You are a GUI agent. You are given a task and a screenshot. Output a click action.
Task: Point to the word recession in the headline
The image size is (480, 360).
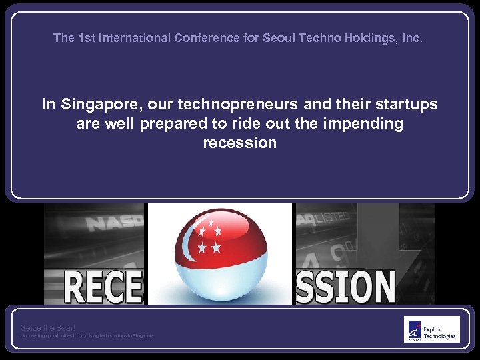[240, 143]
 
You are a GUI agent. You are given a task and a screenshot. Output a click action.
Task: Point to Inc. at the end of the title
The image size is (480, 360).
[413, 38]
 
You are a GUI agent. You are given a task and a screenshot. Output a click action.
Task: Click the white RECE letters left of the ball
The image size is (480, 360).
[104, 285]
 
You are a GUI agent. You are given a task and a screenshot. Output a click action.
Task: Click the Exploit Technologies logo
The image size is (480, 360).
[431, 329]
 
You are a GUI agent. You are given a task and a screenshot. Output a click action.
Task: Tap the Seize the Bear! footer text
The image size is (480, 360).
[48, 327]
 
